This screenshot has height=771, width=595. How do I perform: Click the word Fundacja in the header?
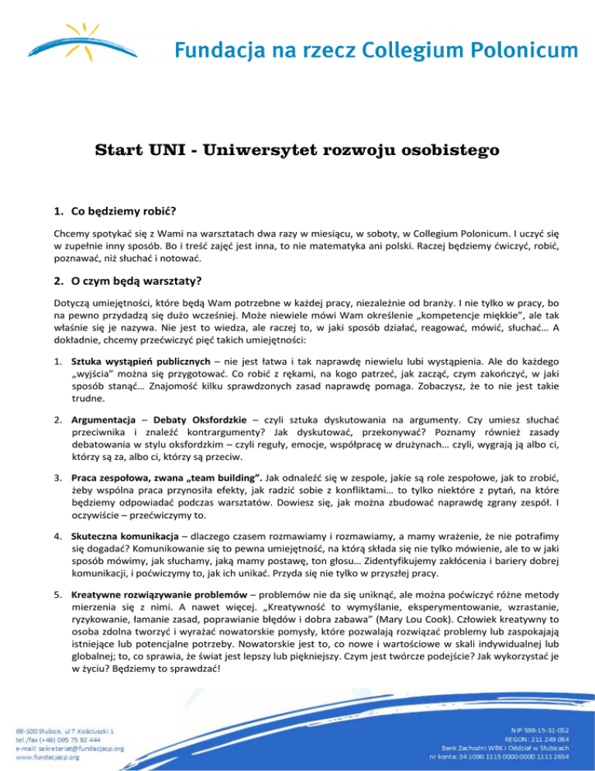[210, 52]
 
